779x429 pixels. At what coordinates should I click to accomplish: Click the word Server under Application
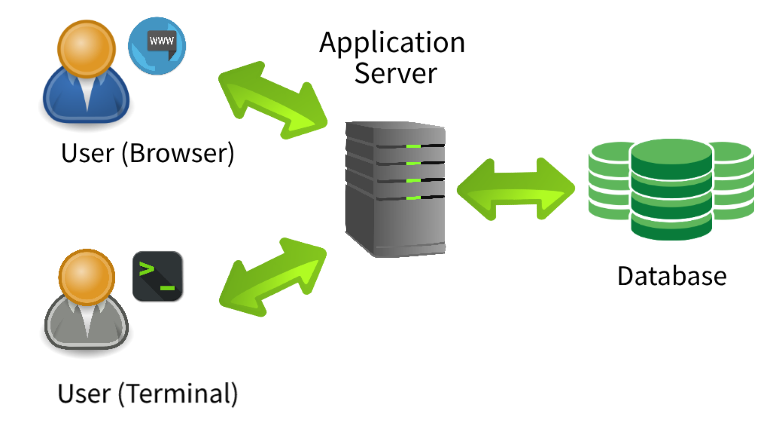[396, 73]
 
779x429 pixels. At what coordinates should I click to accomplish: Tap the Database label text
[672, 276]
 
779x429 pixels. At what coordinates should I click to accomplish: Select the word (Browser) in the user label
[178, 153]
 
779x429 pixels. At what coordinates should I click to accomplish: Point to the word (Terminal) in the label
[178, 393]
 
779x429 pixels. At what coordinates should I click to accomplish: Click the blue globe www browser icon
[157, 46]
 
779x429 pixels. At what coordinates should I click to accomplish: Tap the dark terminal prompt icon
[157, 276]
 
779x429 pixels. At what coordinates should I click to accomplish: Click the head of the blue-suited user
[86, 48]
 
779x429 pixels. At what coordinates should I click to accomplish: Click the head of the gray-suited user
[87, 277]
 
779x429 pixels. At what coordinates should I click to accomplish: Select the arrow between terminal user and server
[273, 277]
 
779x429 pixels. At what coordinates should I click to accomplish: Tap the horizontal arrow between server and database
[516, 189]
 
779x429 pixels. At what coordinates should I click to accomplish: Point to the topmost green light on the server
[413, 147]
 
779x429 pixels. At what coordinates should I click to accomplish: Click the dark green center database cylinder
[671, 191]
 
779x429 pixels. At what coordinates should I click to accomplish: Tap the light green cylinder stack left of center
[609, 182]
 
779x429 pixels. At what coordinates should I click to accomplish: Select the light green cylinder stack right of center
[733, 182]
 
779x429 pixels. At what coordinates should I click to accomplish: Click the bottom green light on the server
[413, 198]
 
